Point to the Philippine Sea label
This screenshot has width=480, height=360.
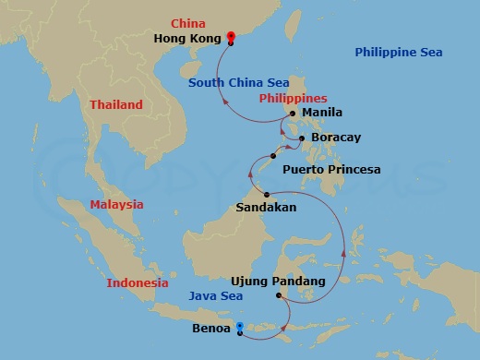pos(399,53)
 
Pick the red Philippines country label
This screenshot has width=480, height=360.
pos(293,98)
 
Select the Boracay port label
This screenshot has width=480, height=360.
pos(336,137)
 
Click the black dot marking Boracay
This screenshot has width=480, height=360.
pos(303,138)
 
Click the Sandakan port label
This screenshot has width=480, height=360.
pos(266,208)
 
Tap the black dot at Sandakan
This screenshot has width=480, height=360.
pos(267,194)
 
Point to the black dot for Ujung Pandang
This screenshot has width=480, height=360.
pos(279,295)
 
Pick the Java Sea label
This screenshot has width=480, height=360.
pos(215,296)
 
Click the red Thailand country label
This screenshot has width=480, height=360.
pos(116,105)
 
